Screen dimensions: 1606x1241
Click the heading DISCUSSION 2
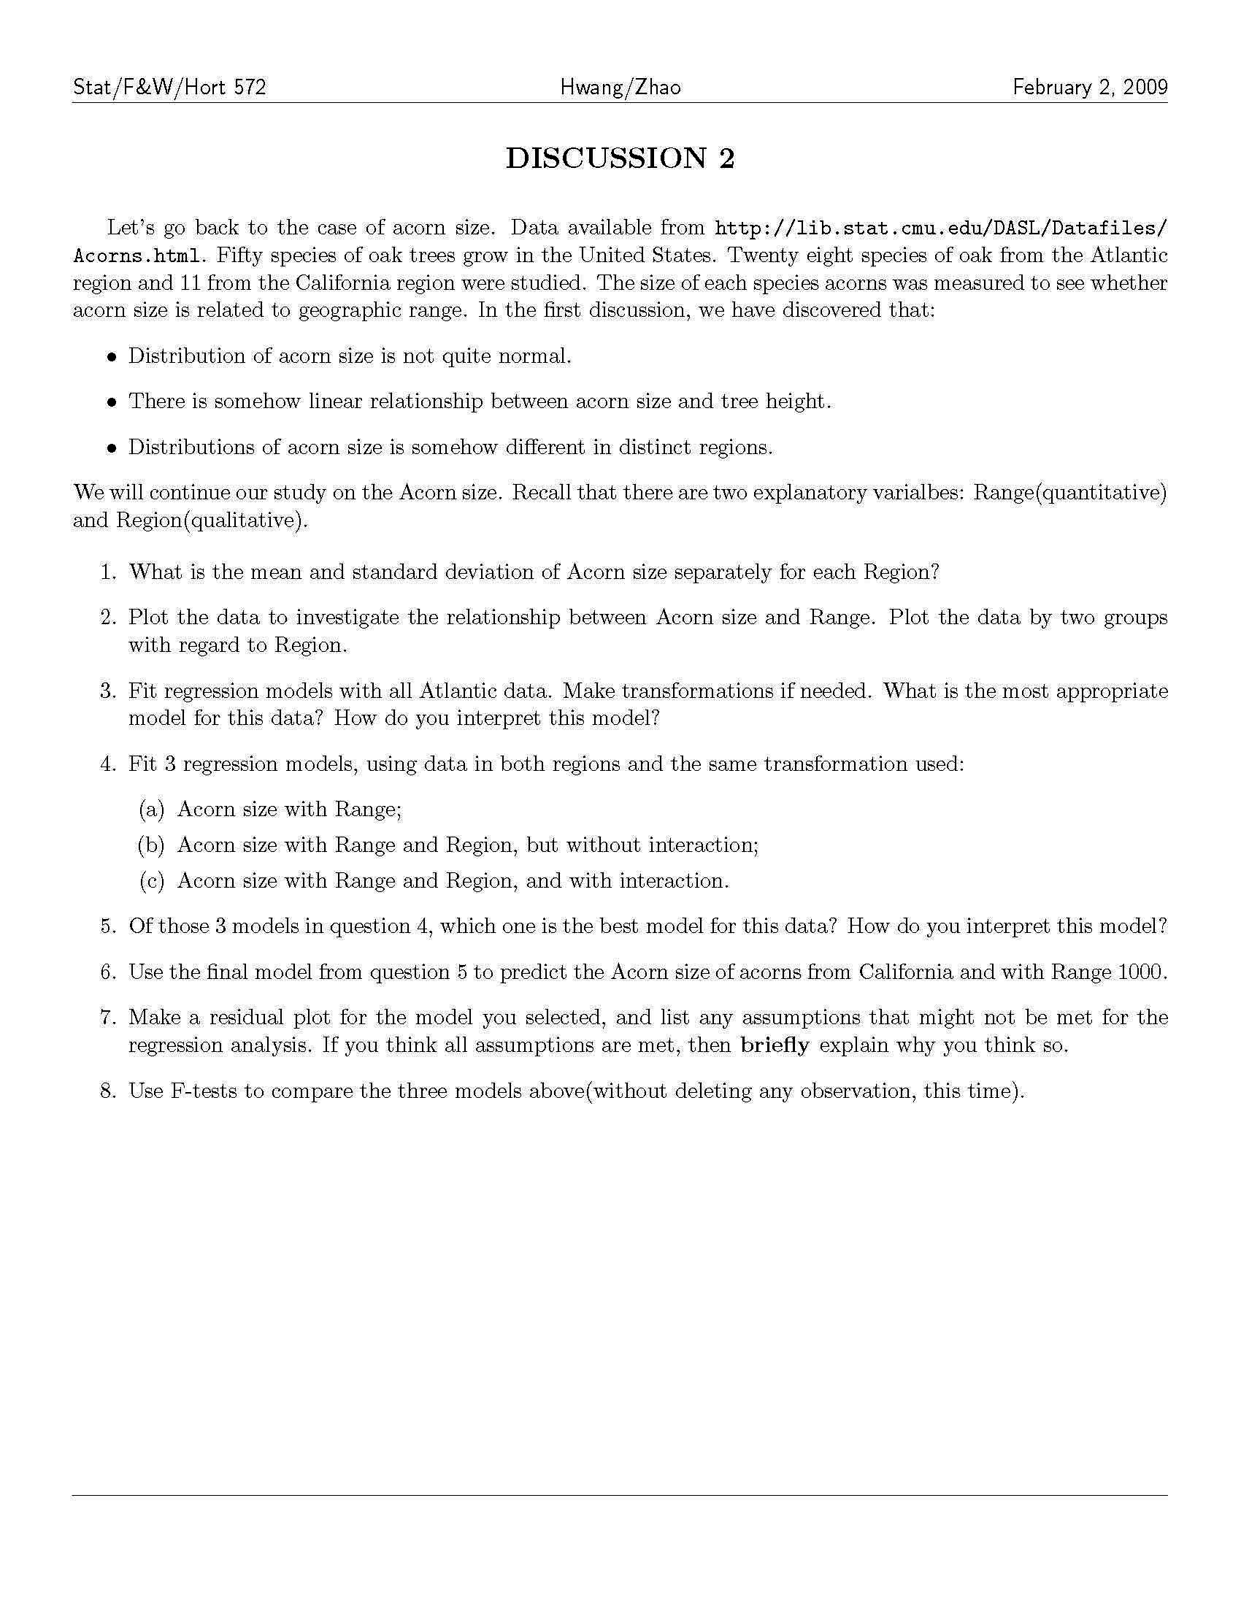(620, 159)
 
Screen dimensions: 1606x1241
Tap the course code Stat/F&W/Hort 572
(170, 88)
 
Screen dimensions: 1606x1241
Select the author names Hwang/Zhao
(620, 88)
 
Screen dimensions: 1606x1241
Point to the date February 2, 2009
(1090, 88)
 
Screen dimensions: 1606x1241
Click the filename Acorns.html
(136, 256)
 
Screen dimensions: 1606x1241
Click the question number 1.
(108, 572)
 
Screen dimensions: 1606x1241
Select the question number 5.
(108, 926)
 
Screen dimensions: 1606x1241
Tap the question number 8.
(108, 1091)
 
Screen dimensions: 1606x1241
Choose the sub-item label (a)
(151, 810)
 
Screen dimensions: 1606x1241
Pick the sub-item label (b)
(151, 845)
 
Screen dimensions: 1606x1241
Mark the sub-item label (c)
(151, 881)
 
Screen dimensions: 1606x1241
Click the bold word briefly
(775, 1045)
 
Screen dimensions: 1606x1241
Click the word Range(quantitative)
(1069, 493)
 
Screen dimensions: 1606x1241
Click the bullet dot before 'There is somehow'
(112, 402)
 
